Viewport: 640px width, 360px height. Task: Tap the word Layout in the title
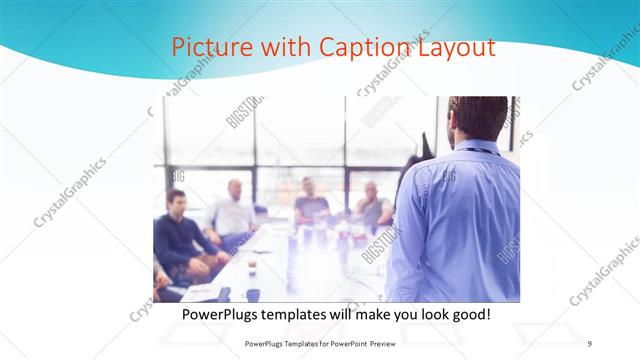(456, 47)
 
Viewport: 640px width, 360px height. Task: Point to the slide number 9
(589, 343)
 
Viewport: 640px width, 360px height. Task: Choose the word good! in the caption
(468, 314)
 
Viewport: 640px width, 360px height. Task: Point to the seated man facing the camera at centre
(310, 202)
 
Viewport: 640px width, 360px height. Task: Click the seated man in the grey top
(372, 207)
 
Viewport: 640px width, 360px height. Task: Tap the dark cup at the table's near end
(252, 294)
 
